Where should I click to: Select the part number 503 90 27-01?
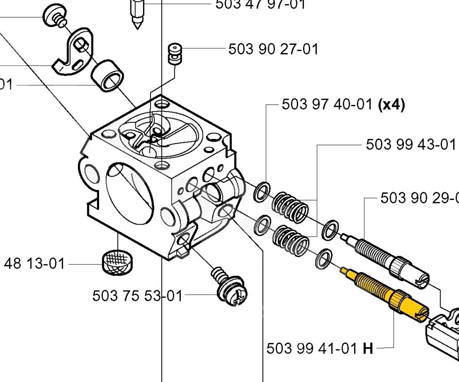(273, 49)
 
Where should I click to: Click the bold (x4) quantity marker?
(392, 105)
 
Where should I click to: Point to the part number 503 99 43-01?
(411, 144)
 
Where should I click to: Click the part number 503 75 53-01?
(138, 296)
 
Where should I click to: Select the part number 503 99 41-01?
(312, 348)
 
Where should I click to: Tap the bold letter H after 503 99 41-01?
(368, 348)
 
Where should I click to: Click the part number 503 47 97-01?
(260, 4)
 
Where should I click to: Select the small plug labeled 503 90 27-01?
(174, 54)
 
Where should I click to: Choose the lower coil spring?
(291, 240)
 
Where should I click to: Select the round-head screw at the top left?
(54, 17)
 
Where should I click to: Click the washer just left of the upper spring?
(262, 191)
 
